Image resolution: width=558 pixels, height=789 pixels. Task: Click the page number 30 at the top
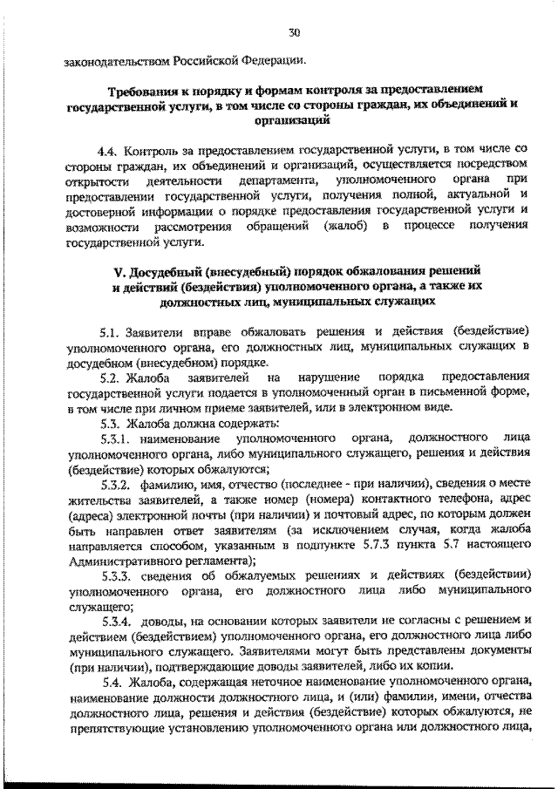pyautogui.click(x=294, y=32)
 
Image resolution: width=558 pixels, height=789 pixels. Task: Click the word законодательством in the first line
pyautogui.click(x=116, y=62)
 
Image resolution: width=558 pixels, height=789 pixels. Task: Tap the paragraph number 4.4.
pyautogui.click(x=112, y=149)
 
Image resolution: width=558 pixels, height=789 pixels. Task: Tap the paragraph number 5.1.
pyautogui.click(x=112, y=333)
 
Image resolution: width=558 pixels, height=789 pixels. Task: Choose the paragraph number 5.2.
pyautogui.click(x=112, y=377)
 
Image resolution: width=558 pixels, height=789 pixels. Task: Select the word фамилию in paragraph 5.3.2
pyautogui.click(x=171, y=484)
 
